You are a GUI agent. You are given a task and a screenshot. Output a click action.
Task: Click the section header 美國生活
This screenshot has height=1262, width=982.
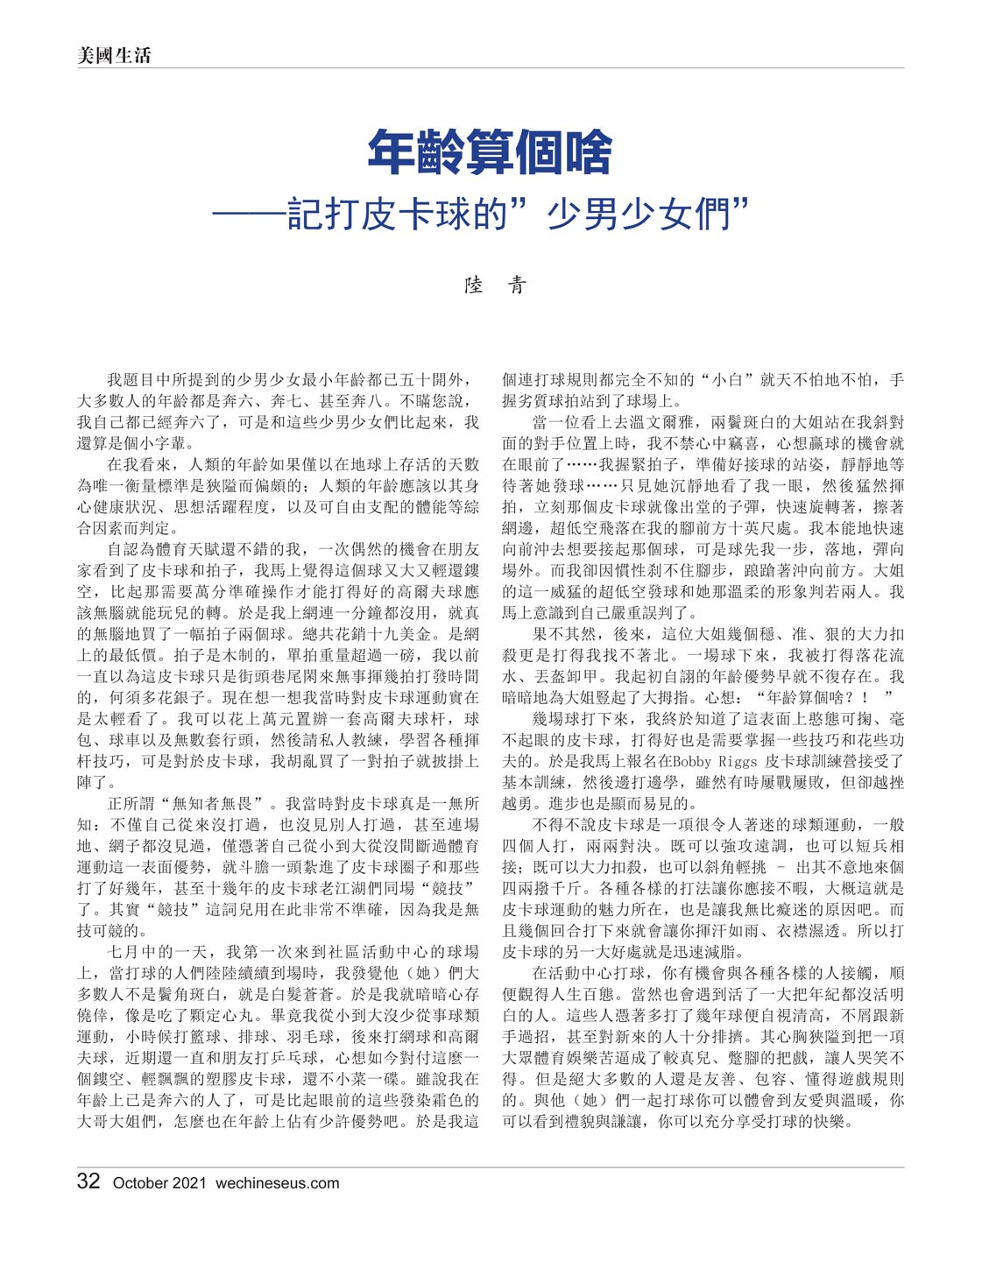(x=114, y=55)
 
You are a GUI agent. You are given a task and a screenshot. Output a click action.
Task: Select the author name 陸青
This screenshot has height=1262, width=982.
(x=494, y=285)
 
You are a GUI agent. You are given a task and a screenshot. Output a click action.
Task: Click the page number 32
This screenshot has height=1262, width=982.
(x=88, y=1181)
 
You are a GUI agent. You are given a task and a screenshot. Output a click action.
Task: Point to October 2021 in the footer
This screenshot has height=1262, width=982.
(x=159, y=1183)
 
